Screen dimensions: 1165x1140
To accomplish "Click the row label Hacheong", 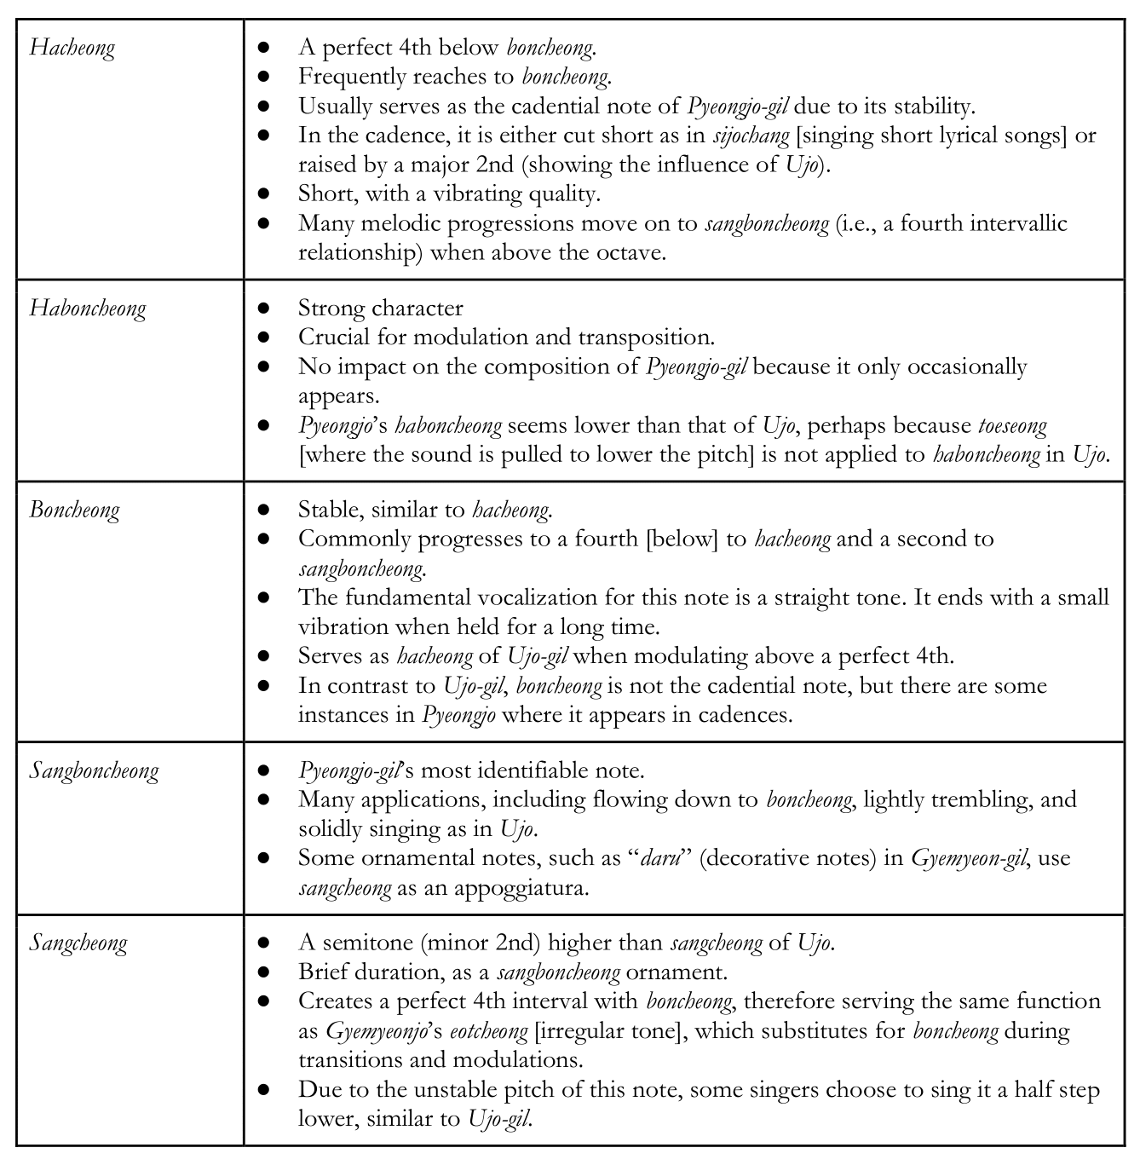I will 72,48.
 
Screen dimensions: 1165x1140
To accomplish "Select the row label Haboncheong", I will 88,309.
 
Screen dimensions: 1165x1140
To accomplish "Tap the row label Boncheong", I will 75,510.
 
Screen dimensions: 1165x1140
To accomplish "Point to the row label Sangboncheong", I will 95,771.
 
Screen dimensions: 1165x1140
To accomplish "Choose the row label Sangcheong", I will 78,943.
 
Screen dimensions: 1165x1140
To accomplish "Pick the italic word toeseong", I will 1012,424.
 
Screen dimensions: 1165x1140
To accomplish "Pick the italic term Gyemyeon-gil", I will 968,858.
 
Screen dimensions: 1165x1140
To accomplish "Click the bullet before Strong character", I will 263,308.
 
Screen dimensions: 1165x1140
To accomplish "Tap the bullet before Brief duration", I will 263,972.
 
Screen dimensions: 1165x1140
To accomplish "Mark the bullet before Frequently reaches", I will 263,77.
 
